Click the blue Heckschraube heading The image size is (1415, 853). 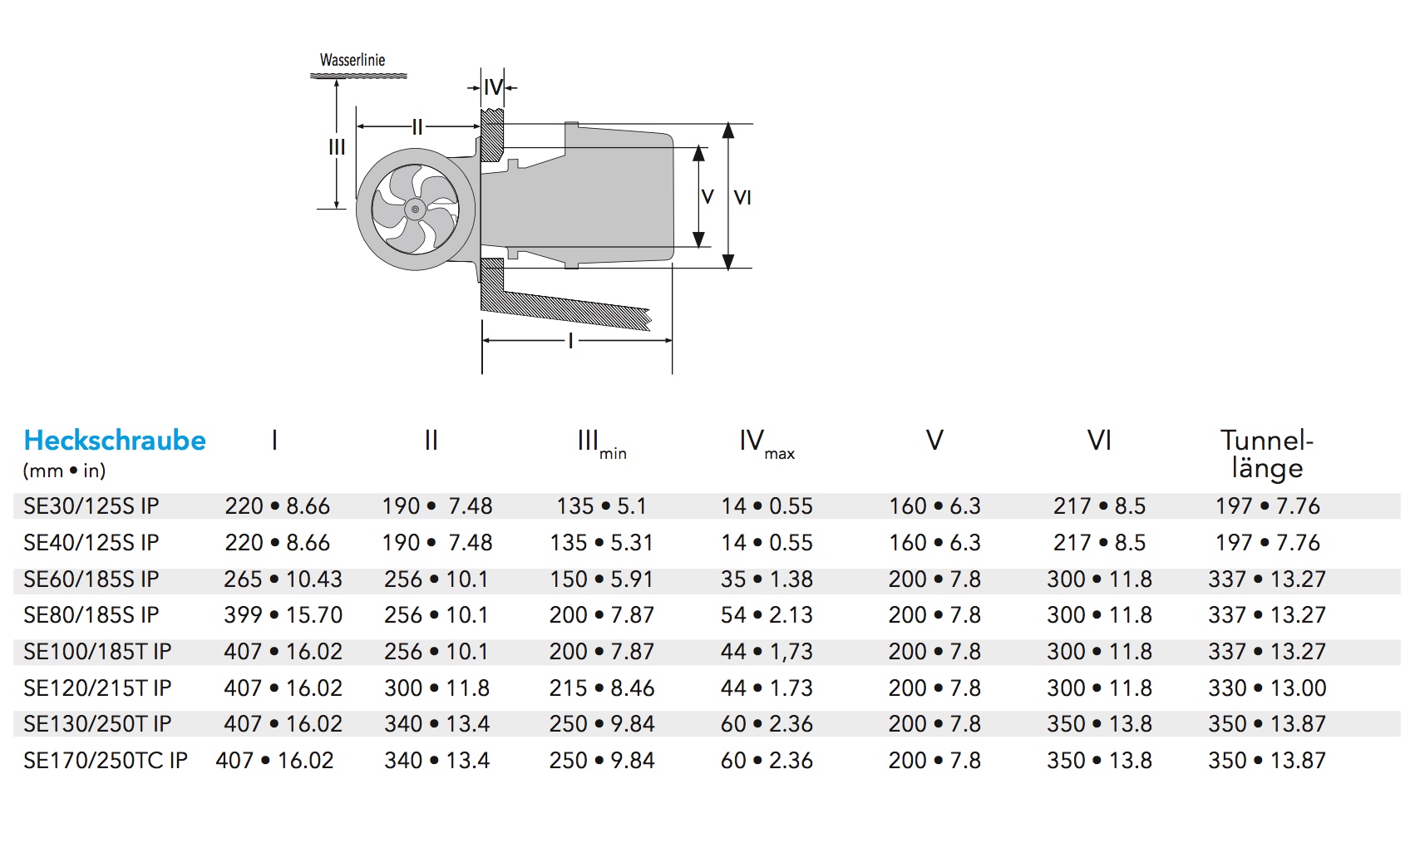(115, 441)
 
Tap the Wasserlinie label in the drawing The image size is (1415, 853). (353, 60)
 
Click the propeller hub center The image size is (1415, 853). (414, 209)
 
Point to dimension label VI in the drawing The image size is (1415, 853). (742, 198)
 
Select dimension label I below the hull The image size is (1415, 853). (570, 340)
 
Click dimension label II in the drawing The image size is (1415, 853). (417, 127)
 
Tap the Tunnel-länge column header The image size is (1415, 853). (1266, 454)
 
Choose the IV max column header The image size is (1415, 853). (767, 443)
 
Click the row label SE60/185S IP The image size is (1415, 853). (91, 579)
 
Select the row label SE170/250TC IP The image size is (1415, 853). (106, 761)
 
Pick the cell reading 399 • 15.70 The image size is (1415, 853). (283, 615)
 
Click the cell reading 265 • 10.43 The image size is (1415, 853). (283, 579)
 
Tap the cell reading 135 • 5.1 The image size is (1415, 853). (601, 506)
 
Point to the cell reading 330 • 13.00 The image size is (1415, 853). (1267, 688)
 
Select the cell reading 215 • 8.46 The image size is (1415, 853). (602, 688)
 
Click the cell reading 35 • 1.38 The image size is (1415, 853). (767, 579)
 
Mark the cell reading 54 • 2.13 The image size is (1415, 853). (767, 615)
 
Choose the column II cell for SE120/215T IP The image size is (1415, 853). (436, 688)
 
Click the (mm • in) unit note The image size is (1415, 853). (65, 471)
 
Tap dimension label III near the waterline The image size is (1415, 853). (337, 147)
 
